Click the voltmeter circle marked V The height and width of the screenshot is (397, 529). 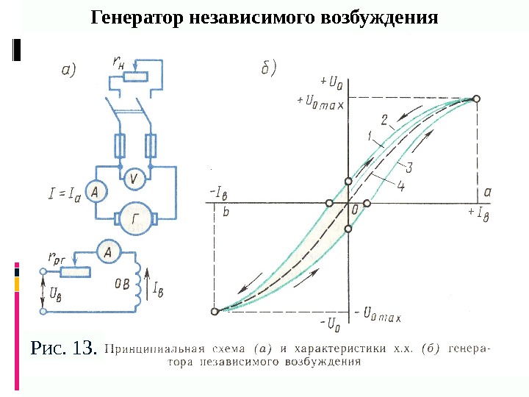pyautogui.click(x=133, y=177)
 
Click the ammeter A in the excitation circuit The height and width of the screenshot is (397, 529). pyautogui.click(x=109, y=253)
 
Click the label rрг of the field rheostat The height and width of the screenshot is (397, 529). pyautogui.click(x=58, y=258)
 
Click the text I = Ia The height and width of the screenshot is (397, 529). pyautogui.click(x=65, y=193)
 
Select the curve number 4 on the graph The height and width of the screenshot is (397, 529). pyautogui.click(x=400, y=186)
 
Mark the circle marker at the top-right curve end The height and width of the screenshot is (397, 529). pyautogui.click(x=476, y=99)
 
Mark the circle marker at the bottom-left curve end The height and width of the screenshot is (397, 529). pyautogui.click(x=214, y=312)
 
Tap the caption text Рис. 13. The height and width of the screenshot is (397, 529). pyautogui.click(x=63, y=346)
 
